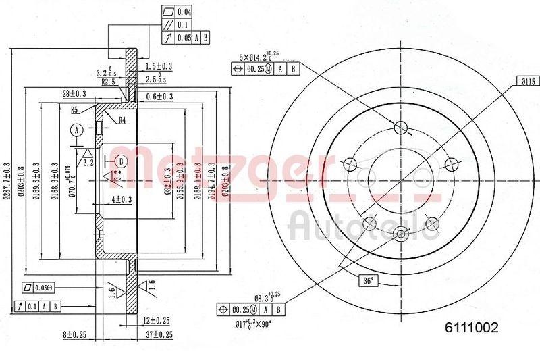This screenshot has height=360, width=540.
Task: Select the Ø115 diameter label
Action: click(x=527, y=81)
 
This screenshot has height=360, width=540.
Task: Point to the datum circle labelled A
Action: click(x=78, y=130)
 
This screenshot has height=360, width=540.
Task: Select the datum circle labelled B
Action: click(x=121, y=161)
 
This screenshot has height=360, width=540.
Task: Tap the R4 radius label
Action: click(x=122, y=120)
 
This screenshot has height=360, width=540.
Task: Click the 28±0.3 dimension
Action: click(x=74, y=93)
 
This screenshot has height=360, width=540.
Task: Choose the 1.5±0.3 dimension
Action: click(x=159, y=66)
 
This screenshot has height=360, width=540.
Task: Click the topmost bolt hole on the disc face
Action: click(x=401, y=126)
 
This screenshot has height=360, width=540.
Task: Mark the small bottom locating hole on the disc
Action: click(x=401, y=234)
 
